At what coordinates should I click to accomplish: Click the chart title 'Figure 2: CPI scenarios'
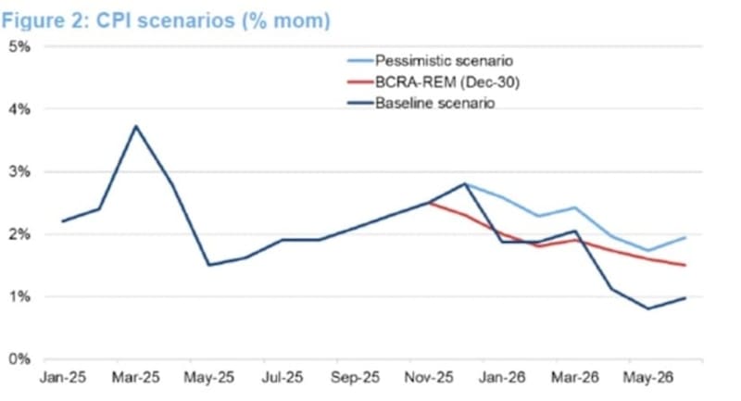click(x=167, y=19)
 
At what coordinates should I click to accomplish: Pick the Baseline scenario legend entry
click(x=434, y=103)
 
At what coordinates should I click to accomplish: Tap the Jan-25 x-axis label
click(x=61, y=378)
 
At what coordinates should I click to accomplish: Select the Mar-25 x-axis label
click(x=136, y=378)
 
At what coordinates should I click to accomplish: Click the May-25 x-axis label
click(x=209, y=378)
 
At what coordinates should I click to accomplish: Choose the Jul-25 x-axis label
click(x=283, y=378)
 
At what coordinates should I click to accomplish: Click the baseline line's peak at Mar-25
click(x=136, y=126)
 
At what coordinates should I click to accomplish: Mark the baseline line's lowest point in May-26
click(x=648, y=308)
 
